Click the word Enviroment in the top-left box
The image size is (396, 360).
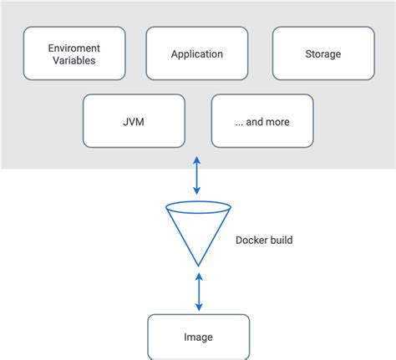tap(74, 48)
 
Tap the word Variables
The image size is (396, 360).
tap(74, 60)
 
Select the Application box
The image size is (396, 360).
tap(197, 53)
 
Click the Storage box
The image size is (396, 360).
tap(323, 53)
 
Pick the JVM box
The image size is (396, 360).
tap(134, 121)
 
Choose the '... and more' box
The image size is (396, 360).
tap(262, 121)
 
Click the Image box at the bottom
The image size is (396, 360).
tap(199, 337)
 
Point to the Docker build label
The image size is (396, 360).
tap(264, 240)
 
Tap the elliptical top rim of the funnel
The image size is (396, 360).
tap(198, 201)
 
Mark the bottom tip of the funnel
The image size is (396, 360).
tap(198, 266)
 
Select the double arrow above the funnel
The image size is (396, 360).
tap(197, 175)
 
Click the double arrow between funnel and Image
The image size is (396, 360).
tap(199, 292)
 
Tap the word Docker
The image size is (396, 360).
tap(251, 240)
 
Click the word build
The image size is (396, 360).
tap(280, 240)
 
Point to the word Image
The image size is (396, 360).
tap(198, 337)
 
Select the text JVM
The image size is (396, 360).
tap(134, 122)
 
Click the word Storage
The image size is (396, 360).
tap(323, 54)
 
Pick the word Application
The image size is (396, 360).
tap(197, 54)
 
